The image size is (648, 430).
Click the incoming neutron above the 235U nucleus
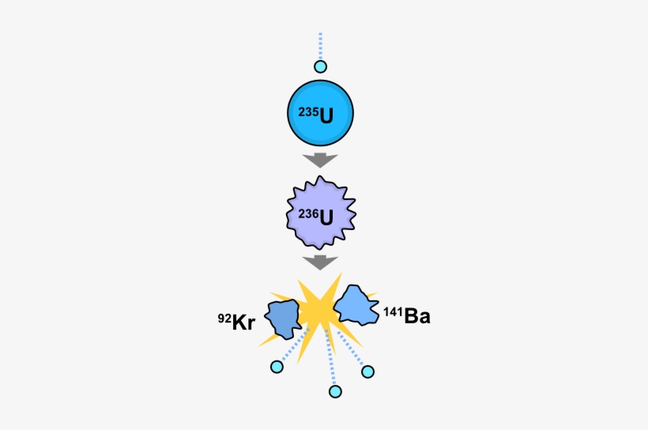pos(320,67)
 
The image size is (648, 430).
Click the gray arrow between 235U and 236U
pos(320,160)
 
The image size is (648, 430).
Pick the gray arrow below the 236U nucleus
pos(320,262)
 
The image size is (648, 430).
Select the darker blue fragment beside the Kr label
pos(283,318)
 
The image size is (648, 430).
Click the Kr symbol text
pos(244,322)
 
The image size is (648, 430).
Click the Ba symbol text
pos(417,317)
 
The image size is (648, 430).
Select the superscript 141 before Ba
pos(394,312)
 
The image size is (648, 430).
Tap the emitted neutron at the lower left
pos(276,367)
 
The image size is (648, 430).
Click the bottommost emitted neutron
pos(335,391)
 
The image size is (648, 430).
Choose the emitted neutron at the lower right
pos(367,371)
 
